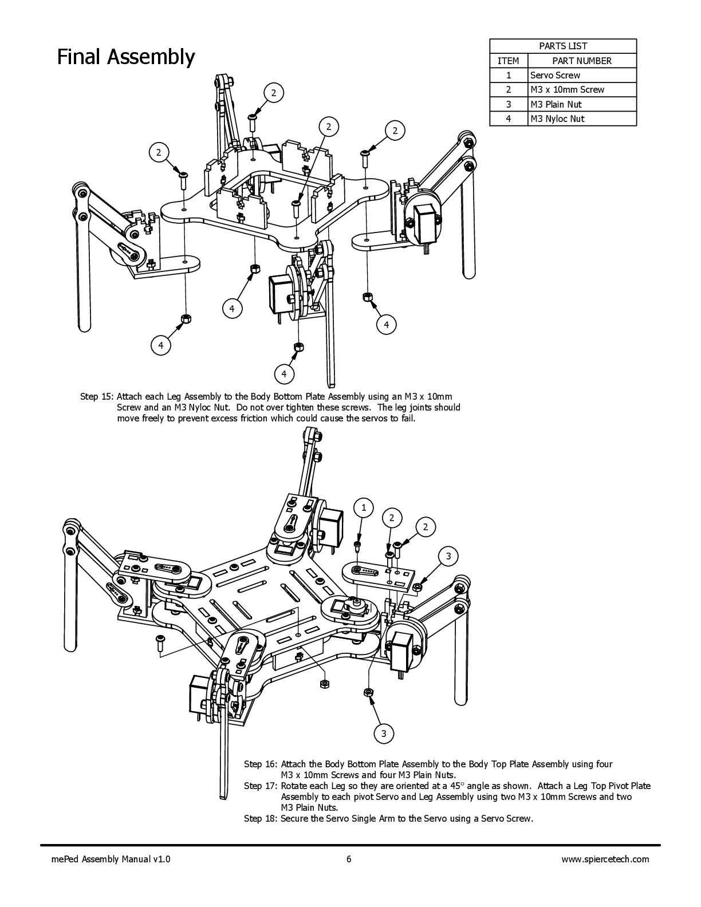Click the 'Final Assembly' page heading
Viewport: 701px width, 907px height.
coord(126,57)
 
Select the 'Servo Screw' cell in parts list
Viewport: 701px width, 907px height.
coord(555,75)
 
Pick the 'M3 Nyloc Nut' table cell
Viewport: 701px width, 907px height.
coord(557,119)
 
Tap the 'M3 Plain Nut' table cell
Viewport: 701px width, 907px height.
coord(556,104)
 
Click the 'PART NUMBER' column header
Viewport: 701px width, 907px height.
coord(581,61)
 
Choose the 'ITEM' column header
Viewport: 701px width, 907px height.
coord(508,61)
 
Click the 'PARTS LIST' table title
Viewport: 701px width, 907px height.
coord(563,46)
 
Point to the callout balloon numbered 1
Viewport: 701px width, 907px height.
coord(364,507)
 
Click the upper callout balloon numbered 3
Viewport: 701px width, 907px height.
coord(448,556)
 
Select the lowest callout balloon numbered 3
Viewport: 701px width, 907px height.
coord(384,734)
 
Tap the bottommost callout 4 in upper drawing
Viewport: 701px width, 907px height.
coord(284,374)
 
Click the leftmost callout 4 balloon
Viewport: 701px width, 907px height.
coord(161,345)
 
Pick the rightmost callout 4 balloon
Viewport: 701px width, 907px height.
coord(387,325)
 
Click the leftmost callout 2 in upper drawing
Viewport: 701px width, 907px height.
coord(159,152)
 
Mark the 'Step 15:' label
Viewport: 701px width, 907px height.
coord(97,396)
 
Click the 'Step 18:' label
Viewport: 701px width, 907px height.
coord(261,818)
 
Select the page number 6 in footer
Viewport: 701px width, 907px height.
coord(349,859)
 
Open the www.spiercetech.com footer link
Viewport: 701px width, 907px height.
coord(605,859)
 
